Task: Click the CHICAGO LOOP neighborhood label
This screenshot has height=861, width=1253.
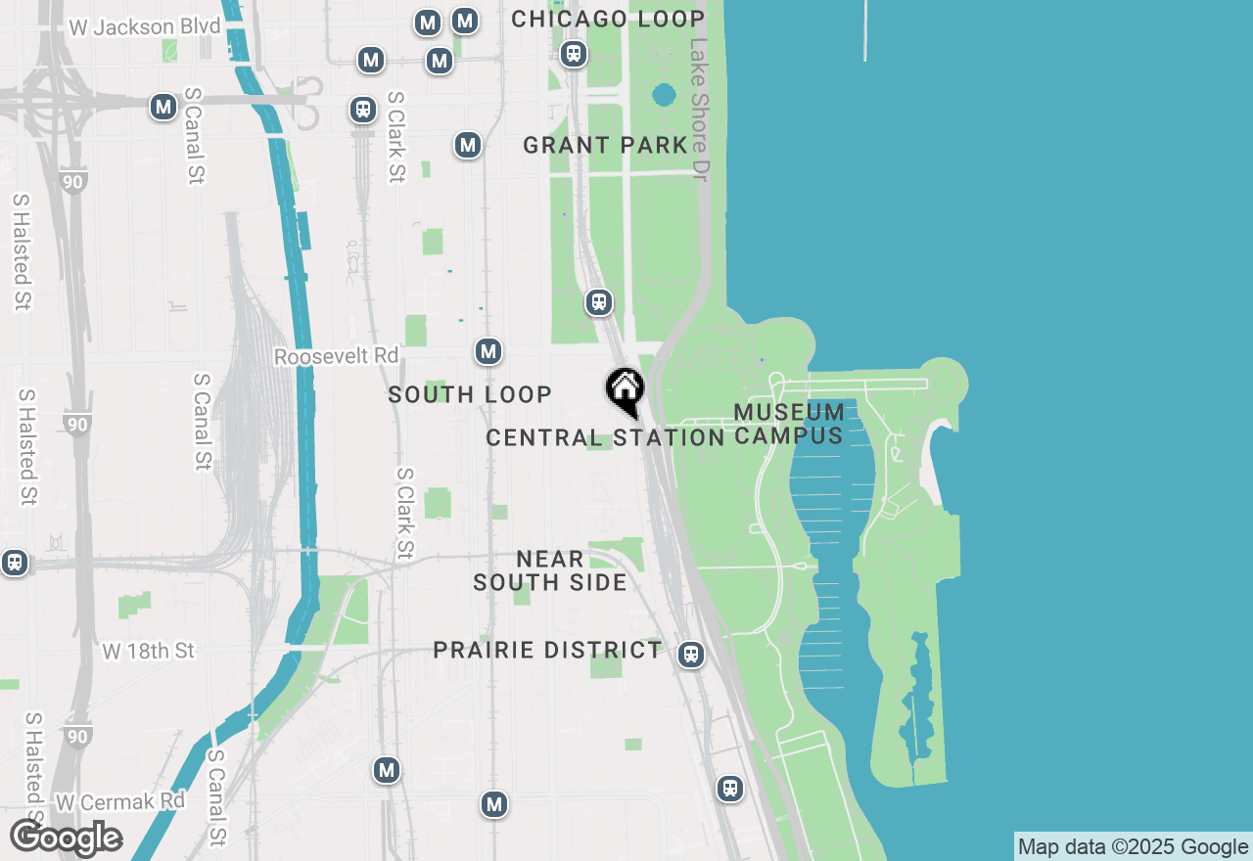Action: point(608,19)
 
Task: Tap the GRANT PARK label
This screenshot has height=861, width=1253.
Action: point(605,146)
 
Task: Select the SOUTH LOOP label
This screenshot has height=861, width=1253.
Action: point(470,394)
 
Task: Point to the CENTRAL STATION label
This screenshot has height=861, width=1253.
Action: point(605,437)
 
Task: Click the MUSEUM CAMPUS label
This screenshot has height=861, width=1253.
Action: point(789,424)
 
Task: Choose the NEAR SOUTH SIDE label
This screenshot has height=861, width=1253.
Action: point(550,570)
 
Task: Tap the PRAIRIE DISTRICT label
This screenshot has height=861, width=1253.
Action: point(547,650)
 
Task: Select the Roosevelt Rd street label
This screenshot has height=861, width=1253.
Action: point(336,356)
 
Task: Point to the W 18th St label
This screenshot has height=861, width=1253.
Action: point(149,651)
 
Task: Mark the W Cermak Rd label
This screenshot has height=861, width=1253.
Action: point(120,801)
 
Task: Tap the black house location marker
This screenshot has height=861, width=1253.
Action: point(625,389)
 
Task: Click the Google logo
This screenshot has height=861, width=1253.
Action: point(66,838)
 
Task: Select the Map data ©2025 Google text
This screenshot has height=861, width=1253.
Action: point(1133,847)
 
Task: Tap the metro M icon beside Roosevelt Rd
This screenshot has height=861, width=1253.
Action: point(488,351)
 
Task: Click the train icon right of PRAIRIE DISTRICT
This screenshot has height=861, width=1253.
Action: point(691,655)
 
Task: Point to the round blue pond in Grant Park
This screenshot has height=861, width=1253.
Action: point(664,96)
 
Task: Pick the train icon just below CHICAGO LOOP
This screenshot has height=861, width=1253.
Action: point(575,54)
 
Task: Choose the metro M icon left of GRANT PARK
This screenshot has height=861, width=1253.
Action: point(468,146)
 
